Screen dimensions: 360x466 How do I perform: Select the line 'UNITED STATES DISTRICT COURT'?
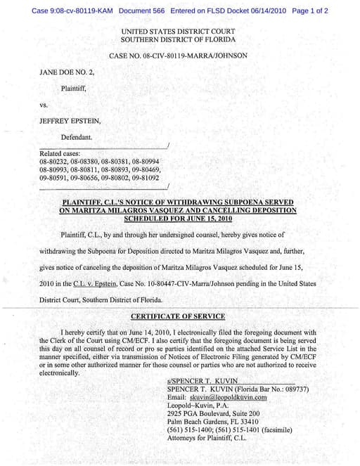point(179,32)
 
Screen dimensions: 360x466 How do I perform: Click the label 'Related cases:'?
point(60,153)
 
